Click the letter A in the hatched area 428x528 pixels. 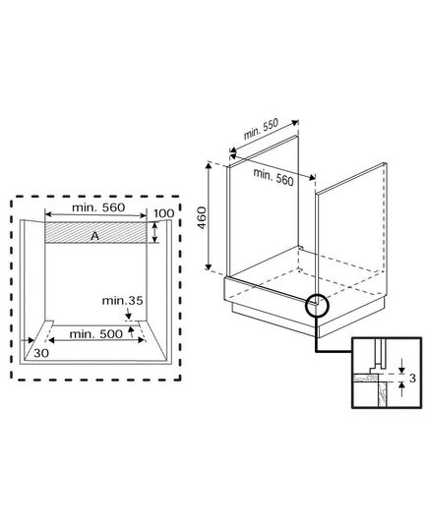[95, 236]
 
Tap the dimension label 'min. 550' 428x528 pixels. [261, 129]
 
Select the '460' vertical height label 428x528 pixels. [202, 217]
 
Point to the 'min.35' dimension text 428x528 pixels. [123, 300]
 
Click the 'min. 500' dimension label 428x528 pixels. [96, 334]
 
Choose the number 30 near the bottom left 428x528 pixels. [41, 353]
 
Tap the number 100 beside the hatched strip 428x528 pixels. [163, 213]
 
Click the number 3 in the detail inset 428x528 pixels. [413, 379]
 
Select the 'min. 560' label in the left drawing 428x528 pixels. [98, 207]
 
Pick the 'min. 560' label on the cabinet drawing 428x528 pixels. [274, 177]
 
